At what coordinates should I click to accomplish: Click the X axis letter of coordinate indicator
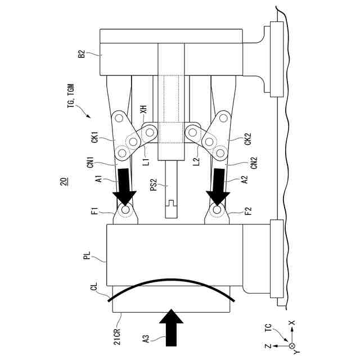click(x=292, y=324)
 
